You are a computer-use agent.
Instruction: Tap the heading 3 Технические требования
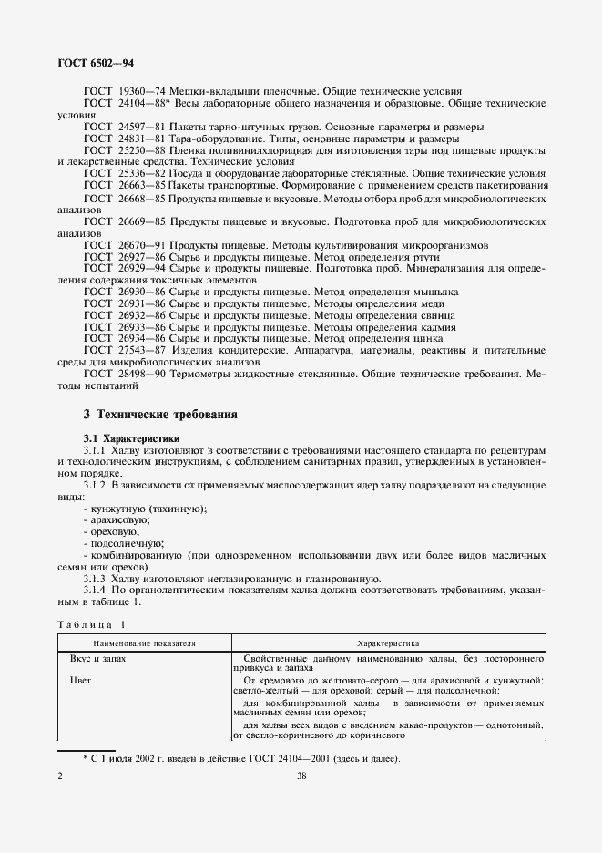click(160, 415)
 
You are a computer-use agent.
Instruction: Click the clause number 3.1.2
click(96, 484)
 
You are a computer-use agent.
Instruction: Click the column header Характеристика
click(387, 642)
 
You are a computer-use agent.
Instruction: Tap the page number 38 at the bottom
click(301, 776)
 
